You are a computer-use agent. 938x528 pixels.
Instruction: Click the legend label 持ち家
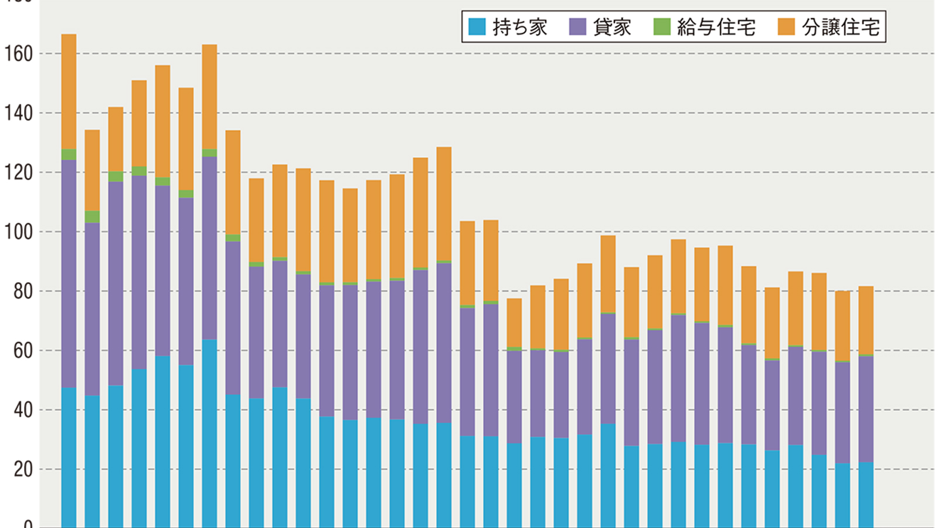[x=520, y=27]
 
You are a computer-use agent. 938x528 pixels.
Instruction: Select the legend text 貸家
[x=612, y=27]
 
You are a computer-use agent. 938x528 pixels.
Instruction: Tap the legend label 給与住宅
[x=716, y=27]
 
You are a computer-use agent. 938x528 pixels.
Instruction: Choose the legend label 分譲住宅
[x=841, y=27]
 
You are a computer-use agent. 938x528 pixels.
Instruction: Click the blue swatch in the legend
[x=477, y=27]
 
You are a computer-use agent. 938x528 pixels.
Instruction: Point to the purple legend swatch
[x=577, y=27]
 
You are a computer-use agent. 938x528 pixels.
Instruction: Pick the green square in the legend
[x=662, y=27]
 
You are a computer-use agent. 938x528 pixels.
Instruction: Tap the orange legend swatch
[x=786, y=27]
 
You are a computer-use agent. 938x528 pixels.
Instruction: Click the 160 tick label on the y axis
[x=18, y=54]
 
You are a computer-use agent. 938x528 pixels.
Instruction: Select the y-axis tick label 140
[x=18, y=113]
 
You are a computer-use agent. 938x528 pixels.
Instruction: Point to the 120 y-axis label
[x=18, y=172]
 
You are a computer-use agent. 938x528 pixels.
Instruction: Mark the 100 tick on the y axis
[x=18, y=232]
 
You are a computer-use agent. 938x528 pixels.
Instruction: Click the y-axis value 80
[x=23, y=292]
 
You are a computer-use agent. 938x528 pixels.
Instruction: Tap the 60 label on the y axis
[x=23, y=351]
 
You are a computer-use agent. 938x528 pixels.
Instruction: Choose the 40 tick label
[x=23, y=410]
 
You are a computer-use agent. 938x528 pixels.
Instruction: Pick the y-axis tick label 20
[x=23, y=469]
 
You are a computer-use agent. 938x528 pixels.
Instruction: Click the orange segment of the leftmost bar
[x=69, y=92]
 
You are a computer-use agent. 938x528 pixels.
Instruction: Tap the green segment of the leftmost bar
[x=69, y=154]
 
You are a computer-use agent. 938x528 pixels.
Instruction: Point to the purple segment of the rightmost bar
[x=866, y=409]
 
